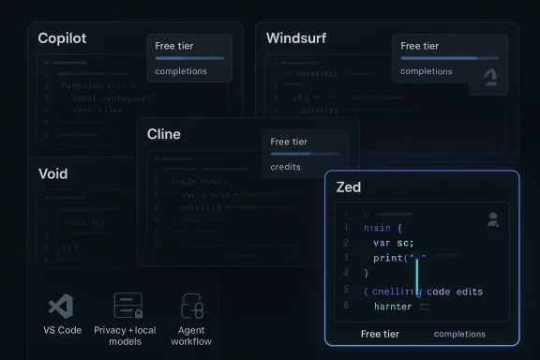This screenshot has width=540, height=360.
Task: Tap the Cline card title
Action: (x=164, y=134)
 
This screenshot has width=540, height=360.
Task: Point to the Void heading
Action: (x=52, y=173)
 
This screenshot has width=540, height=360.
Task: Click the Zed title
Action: (x=349, y=187)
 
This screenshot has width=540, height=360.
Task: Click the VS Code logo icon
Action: (x=61, y=307)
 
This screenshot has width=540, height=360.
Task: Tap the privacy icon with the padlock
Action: (x=127, y=307)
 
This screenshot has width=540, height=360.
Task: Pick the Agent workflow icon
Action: (x=192, y=307)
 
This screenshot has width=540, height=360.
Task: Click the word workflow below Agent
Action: (x=191, y=341)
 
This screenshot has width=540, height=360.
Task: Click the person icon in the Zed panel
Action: (x=493, y=219)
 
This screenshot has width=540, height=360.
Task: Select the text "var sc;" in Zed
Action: (x=394, y=243)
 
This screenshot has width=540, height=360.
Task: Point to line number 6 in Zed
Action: (x=346, y=306)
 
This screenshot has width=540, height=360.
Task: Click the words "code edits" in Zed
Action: (x=454, y=291)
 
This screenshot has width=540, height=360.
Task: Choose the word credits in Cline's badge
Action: (x=287, y=165)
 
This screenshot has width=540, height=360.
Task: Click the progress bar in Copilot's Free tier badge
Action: (x=189, y=58)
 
